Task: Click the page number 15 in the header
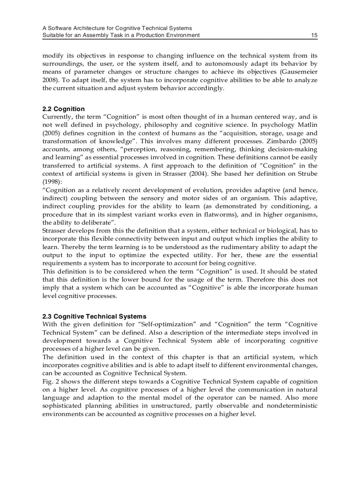tap(314, 35)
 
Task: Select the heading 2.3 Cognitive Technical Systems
tap(94, 316)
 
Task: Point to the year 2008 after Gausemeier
tap(49, 80)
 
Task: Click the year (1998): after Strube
tap(52, 181)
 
